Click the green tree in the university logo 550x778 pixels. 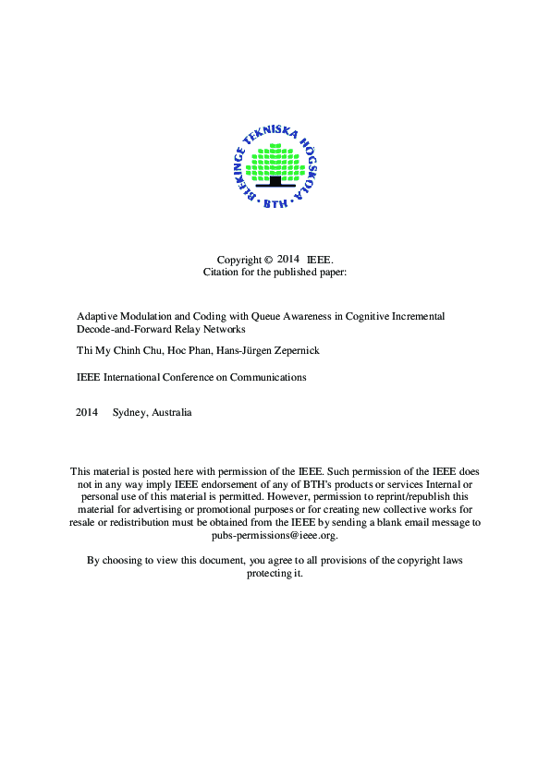275,162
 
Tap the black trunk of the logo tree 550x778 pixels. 275,180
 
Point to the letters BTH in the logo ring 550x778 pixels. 275,203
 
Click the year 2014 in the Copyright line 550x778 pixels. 289,260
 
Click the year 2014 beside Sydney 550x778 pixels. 87,412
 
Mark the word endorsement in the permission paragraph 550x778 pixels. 235,484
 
